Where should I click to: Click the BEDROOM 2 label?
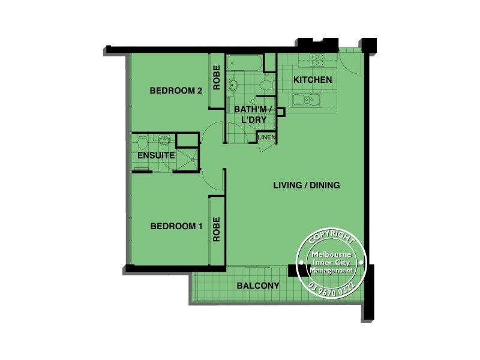pyautogui.click(x=175, y=91)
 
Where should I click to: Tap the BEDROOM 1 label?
pyautogui.click(x=176, y=226)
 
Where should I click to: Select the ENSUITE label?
pyautogui.click(x=155, y=155)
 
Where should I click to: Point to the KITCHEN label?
pyautogui.click(x=312, y=80)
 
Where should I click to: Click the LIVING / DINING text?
pyautogui.click(x=306, y=185)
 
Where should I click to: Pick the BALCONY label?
pyautogui.click(x=257, y=286)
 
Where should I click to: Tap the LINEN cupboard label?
pyautogui.click(x=267, y=138)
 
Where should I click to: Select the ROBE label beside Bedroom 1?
pyautogui.click(x=217, y=229)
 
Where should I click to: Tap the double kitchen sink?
pyautogui.click(x=307, y=100)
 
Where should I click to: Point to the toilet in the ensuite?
pyautogui.click(x=142, y=142)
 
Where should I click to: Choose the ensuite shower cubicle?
pyautogui.click(x=187, y=159)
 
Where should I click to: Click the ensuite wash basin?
pyautogui.click(x=163, y=140)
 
